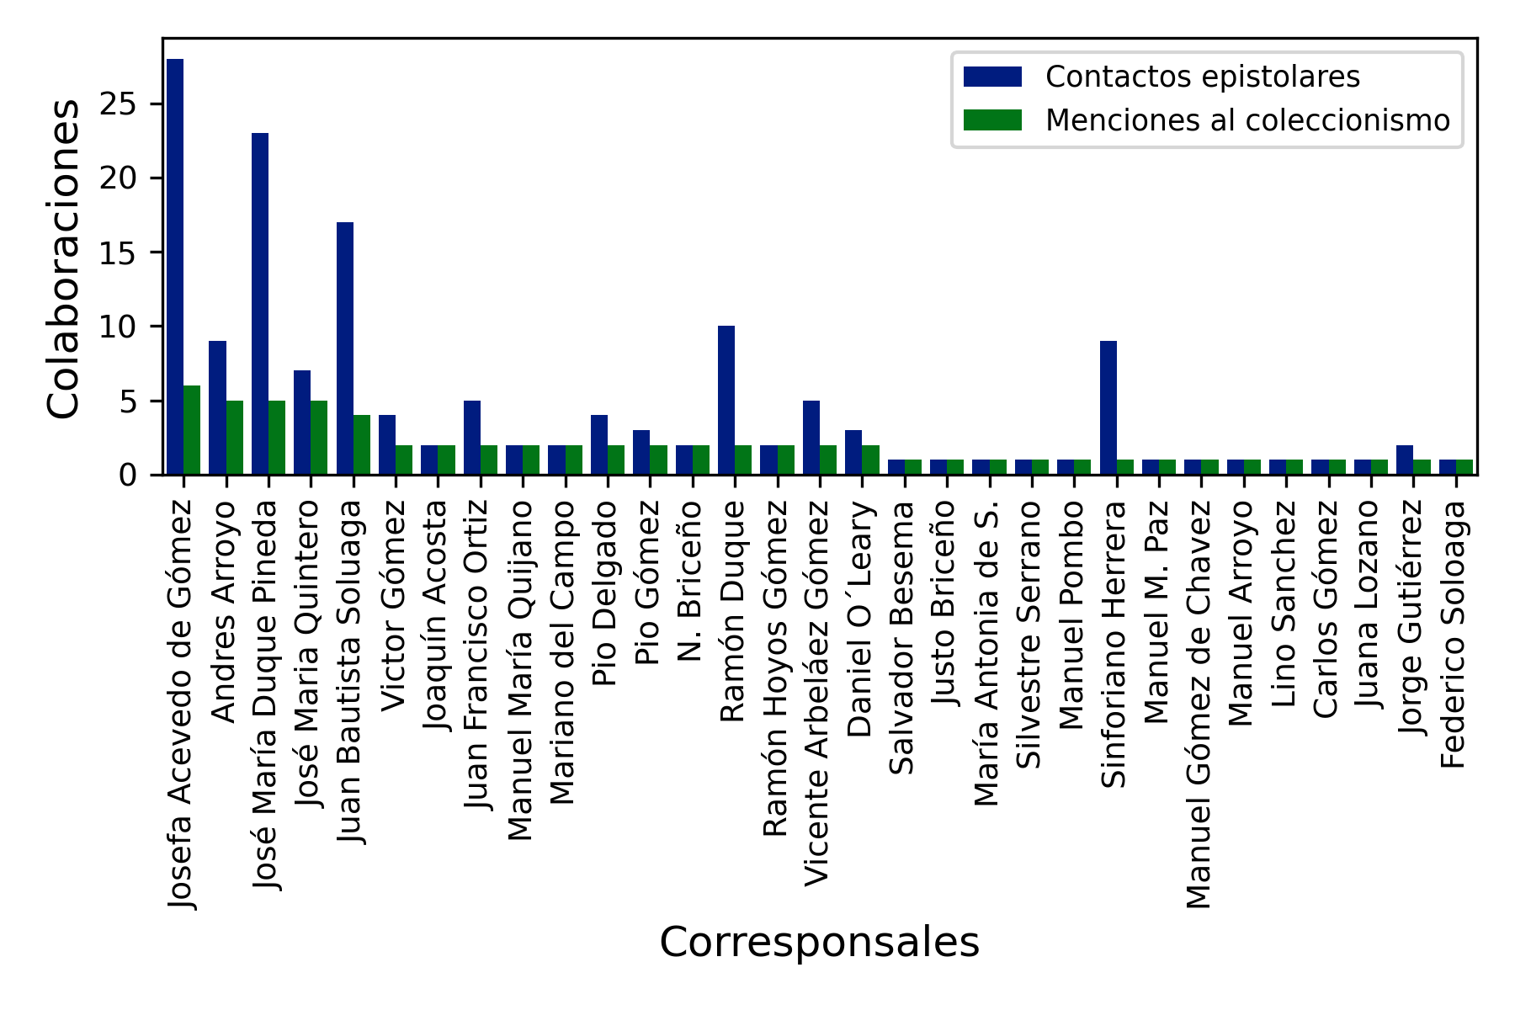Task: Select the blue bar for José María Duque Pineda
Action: tap(260, 304)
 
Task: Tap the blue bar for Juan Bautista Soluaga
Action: tap(345, 348)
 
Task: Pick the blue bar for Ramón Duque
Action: tap(726, 401)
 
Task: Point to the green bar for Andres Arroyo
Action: tap(235, 438)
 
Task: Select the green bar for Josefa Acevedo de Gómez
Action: tap(192, 430)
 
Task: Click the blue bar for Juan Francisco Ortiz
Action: tap(472, 438)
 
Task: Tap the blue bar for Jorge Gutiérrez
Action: tap(1405, 460)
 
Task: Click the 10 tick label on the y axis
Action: tap(118, 327)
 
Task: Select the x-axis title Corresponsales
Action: tap(819, 943)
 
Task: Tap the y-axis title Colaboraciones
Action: tap(64, 258)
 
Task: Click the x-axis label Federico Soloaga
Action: tap(1453, 635)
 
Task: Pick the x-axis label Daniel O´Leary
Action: tap(859, 619)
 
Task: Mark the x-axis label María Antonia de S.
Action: tap(986, 653)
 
